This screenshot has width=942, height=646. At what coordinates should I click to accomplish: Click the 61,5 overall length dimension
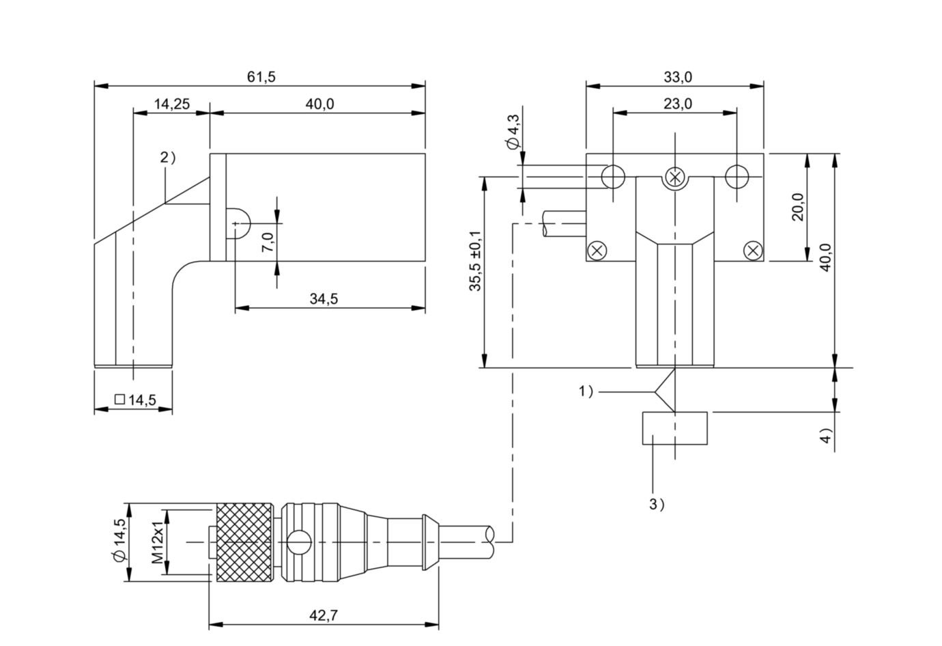261,77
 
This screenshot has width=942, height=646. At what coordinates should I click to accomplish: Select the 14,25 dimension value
171,104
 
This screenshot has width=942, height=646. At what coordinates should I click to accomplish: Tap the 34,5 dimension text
324,299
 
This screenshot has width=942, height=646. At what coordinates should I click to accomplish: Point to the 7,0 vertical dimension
268,242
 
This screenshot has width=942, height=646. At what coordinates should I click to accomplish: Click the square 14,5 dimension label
135,399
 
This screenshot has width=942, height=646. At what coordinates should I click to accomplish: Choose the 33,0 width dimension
678,77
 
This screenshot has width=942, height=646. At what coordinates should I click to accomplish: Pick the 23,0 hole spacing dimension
678,104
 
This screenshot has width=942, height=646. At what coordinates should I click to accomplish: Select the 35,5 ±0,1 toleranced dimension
475,261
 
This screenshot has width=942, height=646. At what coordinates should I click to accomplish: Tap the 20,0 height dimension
798,207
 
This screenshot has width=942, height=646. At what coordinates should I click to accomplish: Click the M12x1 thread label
157,542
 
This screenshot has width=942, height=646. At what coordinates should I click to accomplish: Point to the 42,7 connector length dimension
324,616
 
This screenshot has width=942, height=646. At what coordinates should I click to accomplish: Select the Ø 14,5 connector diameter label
119,540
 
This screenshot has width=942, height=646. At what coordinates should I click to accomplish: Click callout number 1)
586,391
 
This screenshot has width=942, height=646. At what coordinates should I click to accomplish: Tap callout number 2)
168,157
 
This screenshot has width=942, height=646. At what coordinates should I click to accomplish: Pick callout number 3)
657,504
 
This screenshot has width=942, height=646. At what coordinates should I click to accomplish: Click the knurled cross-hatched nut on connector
244,542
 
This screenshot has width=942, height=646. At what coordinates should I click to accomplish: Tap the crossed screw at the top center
675,177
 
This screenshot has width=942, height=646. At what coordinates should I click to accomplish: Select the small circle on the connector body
300,542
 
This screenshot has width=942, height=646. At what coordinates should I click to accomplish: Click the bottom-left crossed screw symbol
597,251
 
